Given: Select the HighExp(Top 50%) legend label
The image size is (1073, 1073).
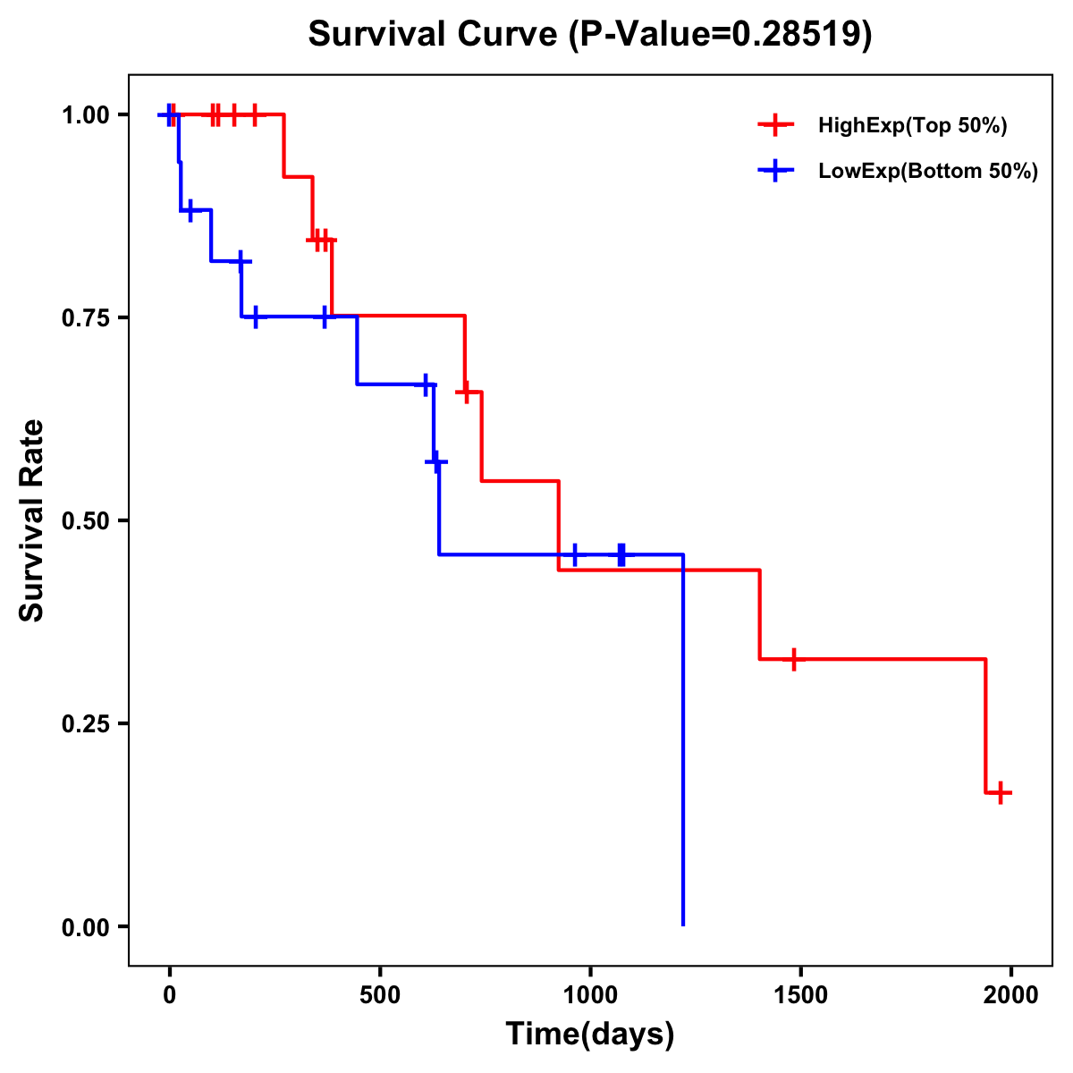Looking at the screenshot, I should [912, 126].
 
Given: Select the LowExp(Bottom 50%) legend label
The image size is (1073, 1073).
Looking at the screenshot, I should [927, 172].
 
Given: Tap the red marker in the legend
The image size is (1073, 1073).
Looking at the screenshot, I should [775, 125].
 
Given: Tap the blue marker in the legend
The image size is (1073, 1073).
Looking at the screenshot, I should [775, 171].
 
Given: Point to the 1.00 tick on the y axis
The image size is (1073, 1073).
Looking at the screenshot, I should [86, 115].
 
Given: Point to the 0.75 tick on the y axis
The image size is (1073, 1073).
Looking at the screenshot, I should [86, 318].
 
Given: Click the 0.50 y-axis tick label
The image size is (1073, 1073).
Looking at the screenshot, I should [86, 521].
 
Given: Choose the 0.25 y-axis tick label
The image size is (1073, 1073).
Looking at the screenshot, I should [86, 724].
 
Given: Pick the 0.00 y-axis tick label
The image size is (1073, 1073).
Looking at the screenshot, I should [86, 927].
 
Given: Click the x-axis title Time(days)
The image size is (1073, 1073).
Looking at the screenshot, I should [590, 1035].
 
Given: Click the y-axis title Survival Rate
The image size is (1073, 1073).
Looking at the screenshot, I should [32, 520].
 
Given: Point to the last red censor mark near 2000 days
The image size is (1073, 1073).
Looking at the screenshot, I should [1000, 792].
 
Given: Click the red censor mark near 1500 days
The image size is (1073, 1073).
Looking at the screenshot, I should [793, 659].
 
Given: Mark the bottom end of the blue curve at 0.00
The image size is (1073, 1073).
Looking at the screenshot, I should [683, 925].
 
